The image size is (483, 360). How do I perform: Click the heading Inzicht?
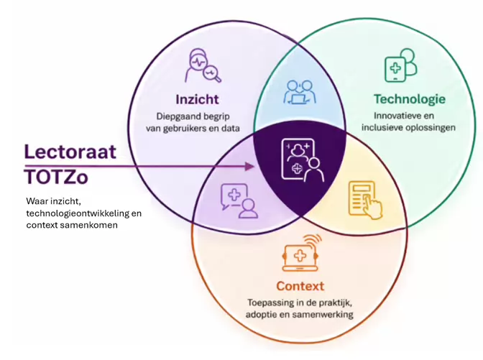click(x=197, y=99)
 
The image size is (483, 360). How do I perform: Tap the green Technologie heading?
click(x=410, y=99)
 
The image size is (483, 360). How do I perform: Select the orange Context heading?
click(x=300, y=286)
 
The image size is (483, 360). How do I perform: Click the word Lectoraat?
click(x=70, y=152)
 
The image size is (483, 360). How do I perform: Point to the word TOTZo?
click(x=56, y=177)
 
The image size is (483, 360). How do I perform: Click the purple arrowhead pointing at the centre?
click(x=249, y=167)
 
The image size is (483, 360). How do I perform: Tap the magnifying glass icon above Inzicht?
click(x=203, y=65)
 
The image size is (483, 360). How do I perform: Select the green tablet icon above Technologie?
click(x=400, y=65)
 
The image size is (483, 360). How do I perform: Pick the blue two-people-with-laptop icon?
click(x=300, y=92)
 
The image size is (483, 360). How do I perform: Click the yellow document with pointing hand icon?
click(x=365, y=200)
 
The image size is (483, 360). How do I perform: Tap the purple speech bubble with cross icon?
click(x=239, y=200)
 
